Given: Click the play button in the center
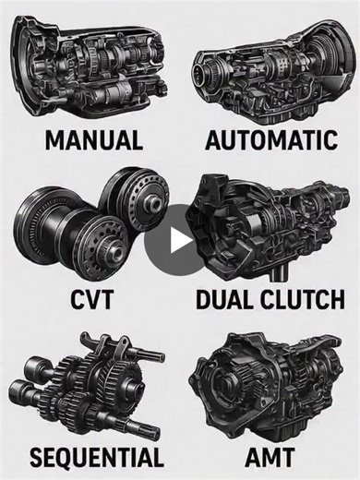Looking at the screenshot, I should point(180,241).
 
